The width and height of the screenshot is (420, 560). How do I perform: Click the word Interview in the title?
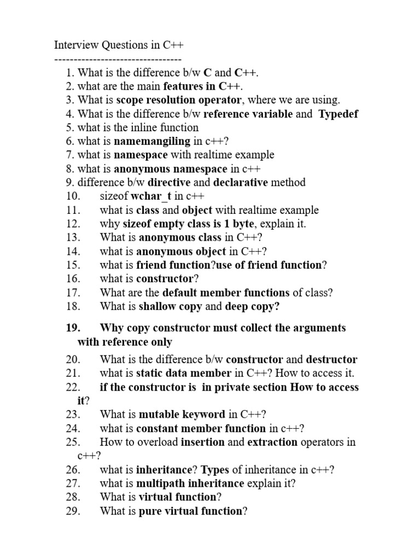(75, 44)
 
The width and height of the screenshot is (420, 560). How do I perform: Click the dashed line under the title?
(118, 59)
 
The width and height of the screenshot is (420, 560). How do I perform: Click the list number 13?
(73, 237)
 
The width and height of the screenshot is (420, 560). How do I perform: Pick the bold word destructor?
(331, 359)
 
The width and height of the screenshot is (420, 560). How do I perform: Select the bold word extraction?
(273, 441)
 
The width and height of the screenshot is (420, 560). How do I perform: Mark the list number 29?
(73, 511)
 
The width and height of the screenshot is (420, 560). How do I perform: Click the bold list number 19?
(73, 328)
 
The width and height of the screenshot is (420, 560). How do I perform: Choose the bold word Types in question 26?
(217, 469)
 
